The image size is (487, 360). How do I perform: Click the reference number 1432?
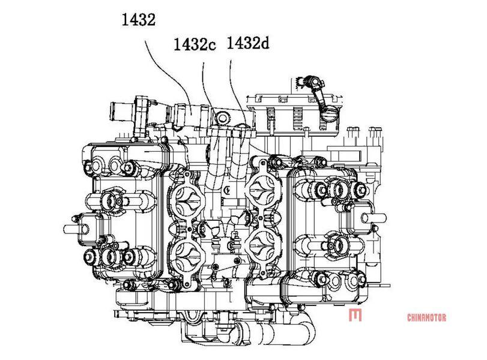point(139,20)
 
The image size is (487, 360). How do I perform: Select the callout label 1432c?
point(195,44)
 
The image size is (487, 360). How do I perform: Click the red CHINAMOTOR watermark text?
point(426,317)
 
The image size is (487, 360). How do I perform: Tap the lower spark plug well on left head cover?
point(110,257)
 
